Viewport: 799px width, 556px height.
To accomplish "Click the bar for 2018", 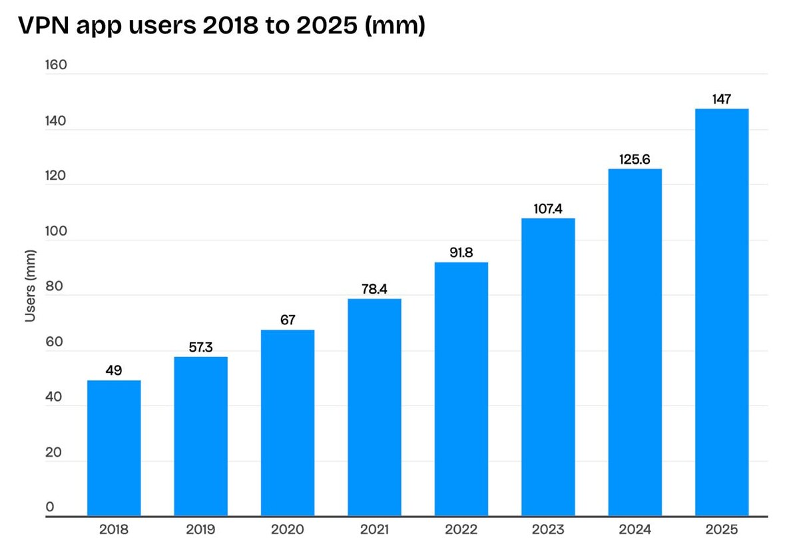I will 114,447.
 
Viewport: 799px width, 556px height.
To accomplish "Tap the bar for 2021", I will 374,407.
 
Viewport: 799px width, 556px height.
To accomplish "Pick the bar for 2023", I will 548,366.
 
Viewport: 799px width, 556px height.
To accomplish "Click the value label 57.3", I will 200,348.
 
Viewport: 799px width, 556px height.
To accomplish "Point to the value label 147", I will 721,99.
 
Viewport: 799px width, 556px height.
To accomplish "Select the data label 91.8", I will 461,253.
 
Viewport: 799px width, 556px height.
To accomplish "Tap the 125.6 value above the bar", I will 635,159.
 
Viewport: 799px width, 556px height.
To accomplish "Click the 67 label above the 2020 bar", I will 288,320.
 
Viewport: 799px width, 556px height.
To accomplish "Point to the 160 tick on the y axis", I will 55,65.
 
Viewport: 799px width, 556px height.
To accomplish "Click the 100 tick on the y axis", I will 55,231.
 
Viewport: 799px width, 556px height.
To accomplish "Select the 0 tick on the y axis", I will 50,508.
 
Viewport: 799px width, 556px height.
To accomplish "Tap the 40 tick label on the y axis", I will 54,398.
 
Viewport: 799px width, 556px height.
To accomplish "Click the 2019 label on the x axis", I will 200,531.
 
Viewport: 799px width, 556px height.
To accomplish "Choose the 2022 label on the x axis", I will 461,531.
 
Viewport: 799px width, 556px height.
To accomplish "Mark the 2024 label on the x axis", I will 635,531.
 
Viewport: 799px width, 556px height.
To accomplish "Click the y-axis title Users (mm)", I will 30,286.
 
